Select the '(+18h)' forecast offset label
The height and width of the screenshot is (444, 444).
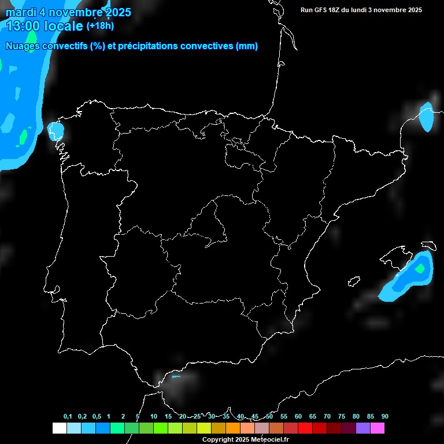(x=101, y=25)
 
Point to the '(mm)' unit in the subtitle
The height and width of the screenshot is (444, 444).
(x=247, y=46)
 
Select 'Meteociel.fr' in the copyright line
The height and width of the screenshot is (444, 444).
(x=269, y=440)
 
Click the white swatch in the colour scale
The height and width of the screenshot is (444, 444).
(x=59, y=428)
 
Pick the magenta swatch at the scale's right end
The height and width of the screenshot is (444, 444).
(x=377, y=428)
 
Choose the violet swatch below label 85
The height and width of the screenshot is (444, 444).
(x=362, y=428)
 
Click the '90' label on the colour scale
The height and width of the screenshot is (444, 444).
(x=384, y=416)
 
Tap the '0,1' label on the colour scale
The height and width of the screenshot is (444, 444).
(x=68, y=416)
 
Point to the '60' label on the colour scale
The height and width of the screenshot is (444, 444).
(x=298, y=416)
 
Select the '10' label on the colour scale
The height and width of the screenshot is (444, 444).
(x=153, y=416)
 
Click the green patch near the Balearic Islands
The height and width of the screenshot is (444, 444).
(x=420, y=268)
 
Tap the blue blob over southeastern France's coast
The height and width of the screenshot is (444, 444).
(x=426, y=117)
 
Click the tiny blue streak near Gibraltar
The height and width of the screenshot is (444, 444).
(x=176, y=377)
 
